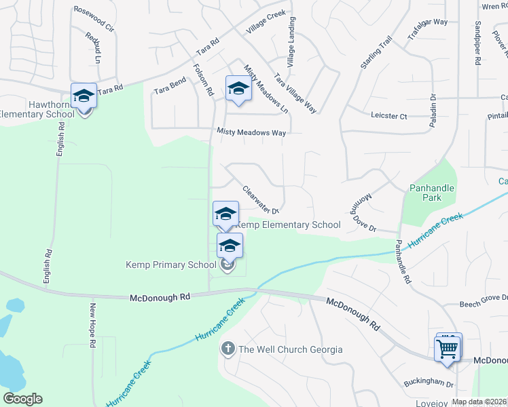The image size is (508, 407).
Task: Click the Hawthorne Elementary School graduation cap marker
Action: coord(84,96)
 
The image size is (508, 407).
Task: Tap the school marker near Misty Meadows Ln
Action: coord(238,89)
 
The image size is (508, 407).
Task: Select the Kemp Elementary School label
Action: coord(288,225)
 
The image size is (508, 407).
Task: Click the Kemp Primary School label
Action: coord(170,265)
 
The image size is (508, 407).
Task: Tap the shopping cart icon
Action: coord(448,349)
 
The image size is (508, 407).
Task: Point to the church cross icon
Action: coord(228,349)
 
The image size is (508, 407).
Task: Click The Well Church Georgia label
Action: coord(290,350)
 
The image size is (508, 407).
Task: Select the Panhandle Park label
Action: coord(431,193)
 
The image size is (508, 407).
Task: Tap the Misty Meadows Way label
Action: coord(251,133)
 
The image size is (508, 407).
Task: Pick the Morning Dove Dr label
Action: coord(363,213)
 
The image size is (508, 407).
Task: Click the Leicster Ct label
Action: coord(389,116)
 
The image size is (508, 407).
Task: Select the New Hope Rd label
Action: coord(91,325)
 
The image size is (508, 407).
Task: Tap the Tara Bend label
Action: coord(170,89)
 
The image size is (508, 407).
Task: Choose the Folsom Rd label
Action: coord(204,79)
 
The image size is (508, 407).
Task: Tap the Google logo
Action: coord(22,399)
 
